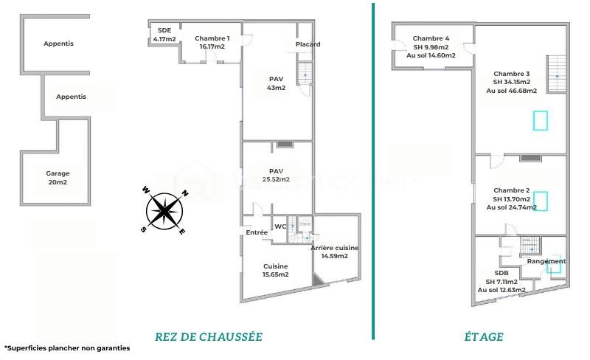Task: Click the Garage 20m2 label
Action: [x=58, y=179]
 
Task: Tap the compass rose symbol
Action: [x=164, y=210]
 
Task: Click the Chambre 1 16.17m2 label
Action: [x=212, y=42]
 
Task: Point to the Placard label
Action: [x=308, y=44]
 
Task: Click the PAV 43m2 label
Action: [x=276, y=83]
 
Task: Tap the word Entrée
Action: [x=257, y=232]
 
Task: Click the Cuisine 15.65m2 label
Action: [x=275, y=270]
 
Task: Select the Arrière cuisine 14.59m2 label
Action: [x=334, y=252]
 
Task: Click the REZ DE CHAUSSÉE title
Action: [x=209, y=336]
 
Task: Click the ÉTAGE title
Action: [x=484, y=336]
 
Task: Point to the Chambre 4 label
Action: [x=431, y=46]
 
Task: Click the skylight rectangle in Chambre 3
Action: [x=541, y=120]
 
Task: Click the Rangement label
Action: [x=546, y=261]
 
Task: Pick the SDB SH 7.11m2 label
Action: [x=502, y=281]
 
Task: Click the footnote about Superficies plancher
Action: [x=66, y=347]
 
